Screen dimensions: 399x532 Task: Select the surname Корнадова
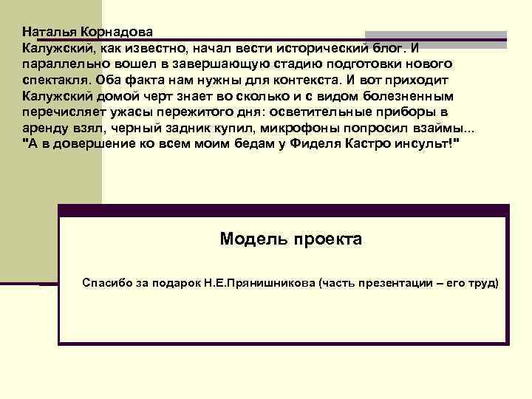[119, 32]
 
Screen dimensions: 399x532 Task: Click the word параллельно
[60, 64]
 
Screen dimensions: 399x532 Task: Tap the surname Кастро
[371, 146]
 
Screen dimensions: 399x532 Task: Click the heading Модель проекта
[291, 239]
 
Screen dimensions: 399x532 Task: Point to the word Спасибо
[109, 282]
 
